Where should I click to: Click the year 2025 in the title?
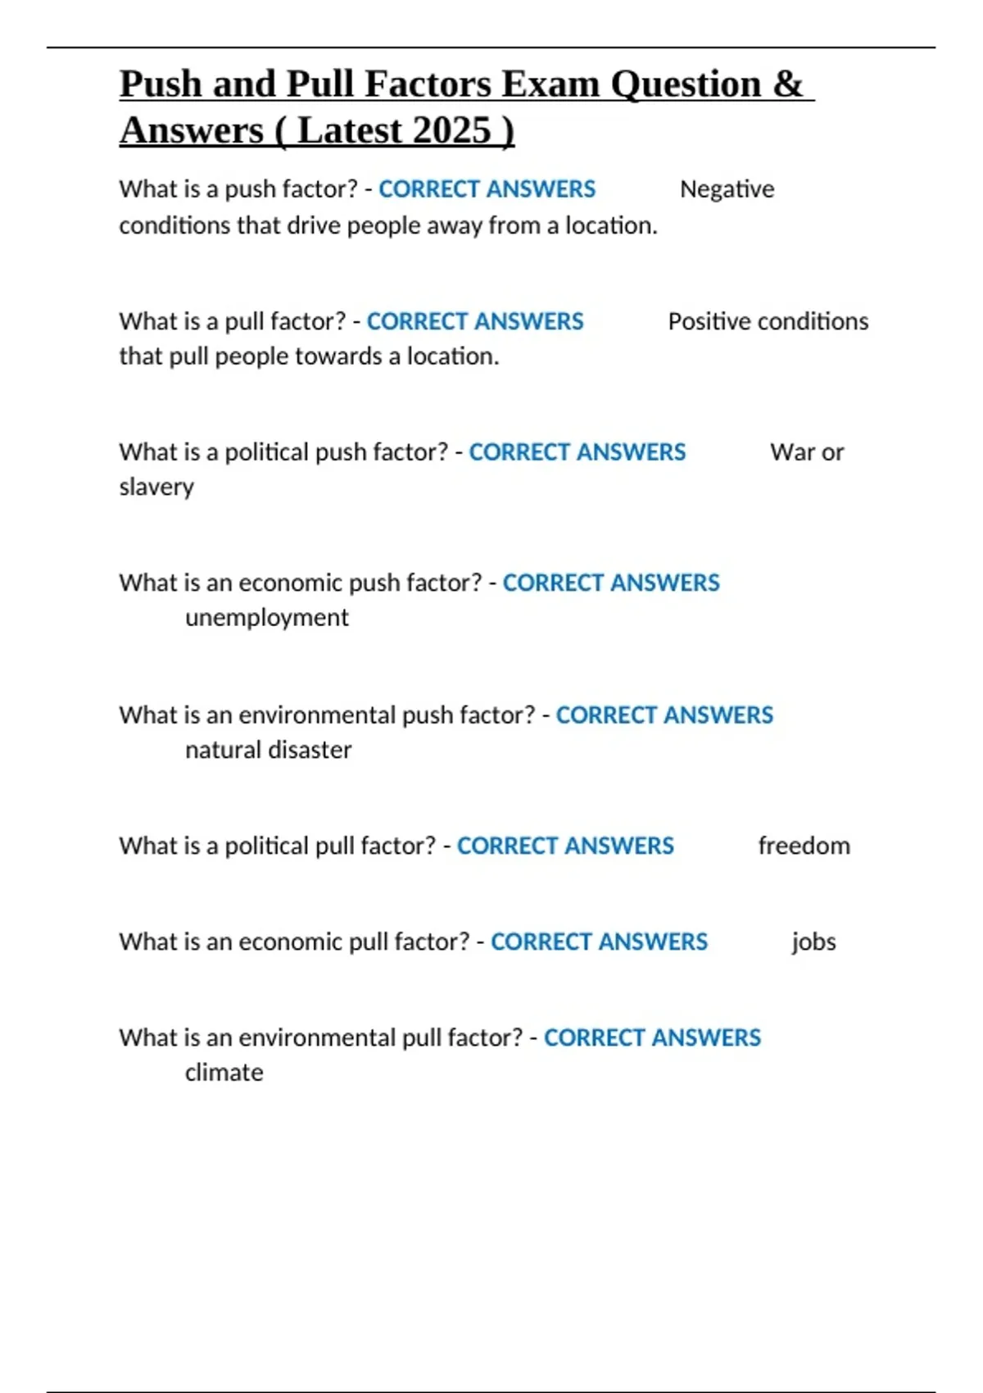click(x=452, y=130)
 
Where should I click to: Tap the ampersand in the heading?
click(x=787, y=84)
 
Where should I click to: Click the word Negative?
click(x=727, y=189)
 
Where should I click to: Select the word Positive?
click(x=709, y=321)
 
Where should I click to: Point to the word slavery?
click(x=156, y=487)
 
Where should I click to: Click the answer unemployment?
click(x=266, y=618)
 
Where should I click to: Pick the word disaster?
click(x=312, y=750)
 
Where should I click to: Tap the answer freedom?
click(x=804, y=846)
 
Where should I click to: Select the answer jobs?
click(x=813, y=942)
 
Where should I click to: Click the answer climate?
click(x=224, y=1073)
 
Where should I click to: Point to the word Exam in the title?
click(x=550, y=84)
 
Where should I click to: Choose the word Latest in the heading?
click(x=350, y=130)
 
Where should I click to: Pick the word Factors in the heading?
click(x=428, y=84)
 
